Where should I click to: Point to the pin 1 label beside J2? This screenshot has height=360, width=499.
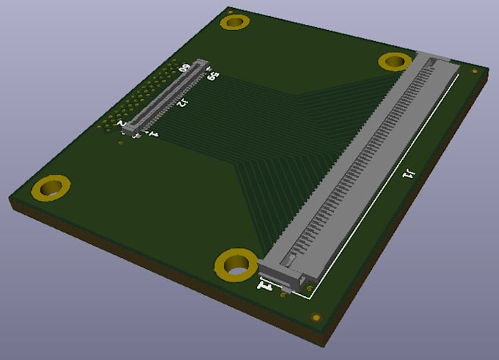pos(153,133)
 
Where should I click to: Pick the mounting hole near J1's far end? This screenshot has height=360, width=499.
pos(395,62)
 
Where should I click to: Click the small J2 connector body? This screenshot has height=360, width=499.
pos(168,98)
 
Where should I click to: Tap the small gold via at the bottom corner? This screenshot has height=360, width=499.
pos(316,317)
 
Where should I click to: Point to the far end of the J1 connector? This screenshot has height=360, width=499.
pos(436,60)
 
